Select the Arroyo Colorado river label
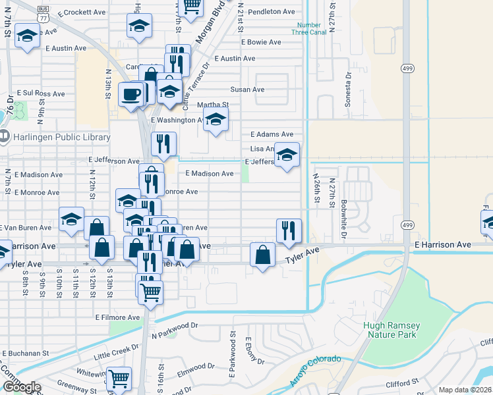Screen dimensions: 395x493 tap(315, 371)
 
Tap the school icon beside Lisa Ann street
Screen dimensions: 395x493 tap(287, 155)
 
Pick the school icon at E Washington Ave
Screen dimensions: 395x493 tap(215, 120)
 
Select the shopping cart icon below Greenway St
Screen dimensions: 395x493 tap(119, 379)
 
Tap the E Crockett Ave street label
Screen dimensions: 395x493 tap(82, 13)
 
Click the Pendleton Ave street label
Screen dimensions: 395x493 tap(272, 12)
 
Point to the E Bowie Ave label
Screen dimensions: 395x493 tap(261, 42)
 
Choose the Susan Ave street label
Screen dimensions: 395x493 tap(247, 90)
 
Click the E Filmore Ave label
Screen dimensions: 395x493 tap(118, 317)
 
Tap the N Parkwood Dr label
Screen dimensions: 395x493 tap(175, 325)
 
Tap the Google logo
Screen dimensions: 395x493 tap(21, 387)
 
